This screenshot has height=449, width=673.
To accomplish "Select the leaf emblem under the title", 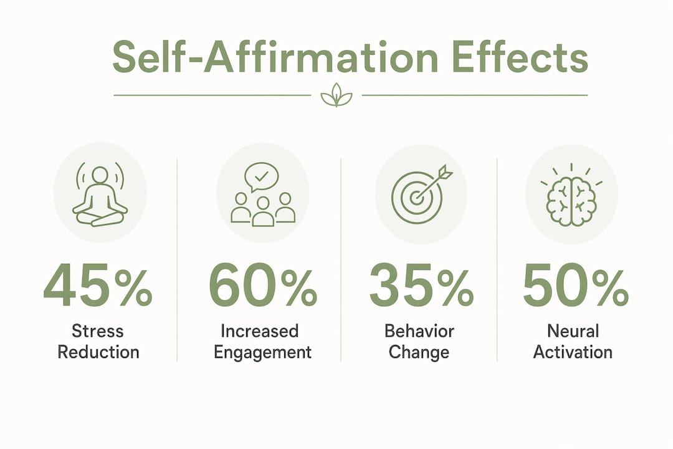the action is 336,95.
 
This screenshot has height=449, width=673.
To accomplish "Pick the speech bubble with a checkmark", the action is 261,176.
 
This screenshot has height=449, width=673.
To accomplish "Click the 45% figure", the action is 98,285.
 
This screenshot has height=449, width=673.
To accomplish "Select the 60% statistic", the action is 263,285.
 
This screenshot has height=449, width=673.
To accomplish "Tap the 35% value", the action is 421,285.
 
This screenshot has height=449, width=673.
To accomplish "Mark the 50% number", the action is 576,285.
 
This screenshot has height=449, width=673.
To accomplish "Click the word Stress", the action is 97,331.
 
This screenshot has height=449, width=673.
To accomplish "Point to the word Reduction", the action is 98,352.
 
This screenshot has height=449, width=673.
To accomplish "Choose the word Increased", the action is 260,331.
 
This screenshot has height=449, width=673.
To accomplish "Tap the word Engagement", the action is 263,353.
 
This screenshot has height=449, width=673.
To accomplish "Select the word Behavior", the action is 419,331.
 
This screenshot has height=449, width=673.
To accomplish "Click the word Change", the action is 419,353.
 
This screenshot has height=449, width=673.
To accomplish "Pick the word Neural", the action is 573,331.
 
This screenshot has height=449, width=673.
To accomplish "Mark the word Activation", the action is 573,352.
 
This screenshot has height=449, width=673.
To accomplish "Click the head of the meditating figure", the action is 100,174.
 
